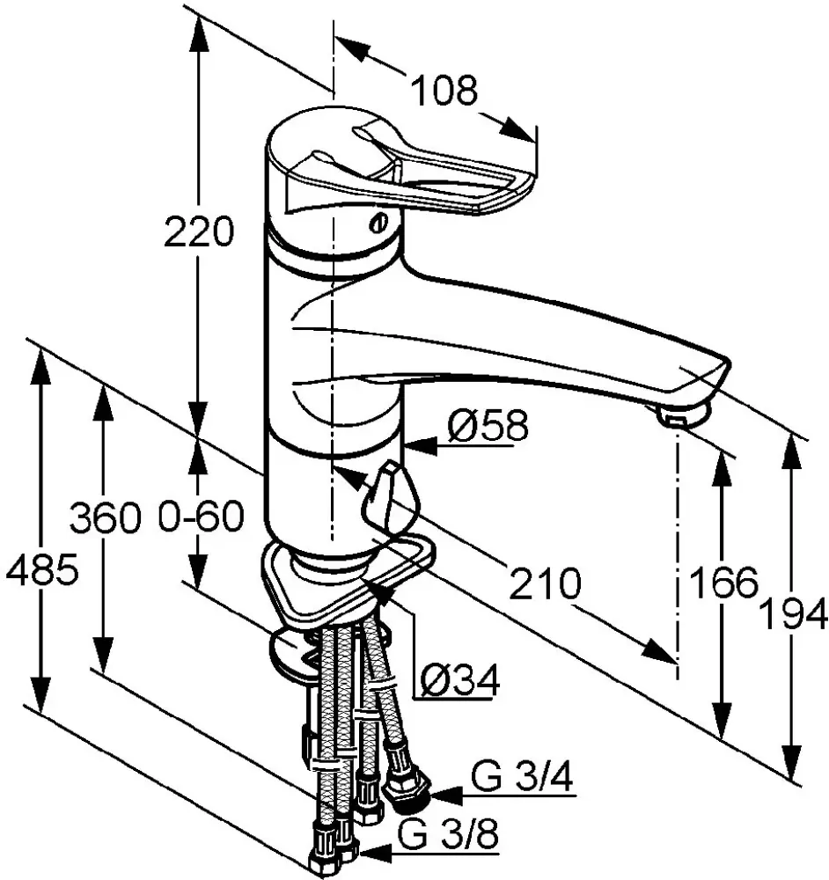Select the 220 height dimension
(x=198, y=231)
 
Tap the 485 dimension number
(x=41, y=569)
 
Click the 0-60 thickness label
(x=201, y=517)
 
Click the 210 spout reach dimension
(x=545, y=583)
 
